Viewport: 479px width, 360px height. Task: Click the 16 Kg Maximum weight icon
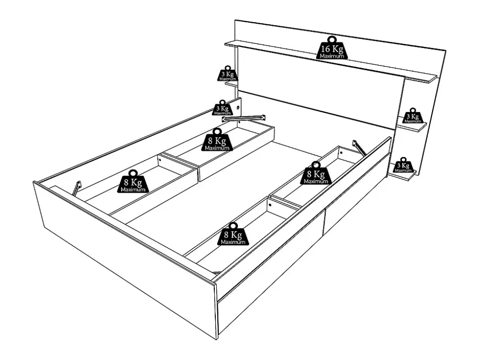click(x=331, y=48)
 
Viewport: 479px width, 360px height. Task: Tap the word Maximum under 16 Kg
click(x=331, y=56)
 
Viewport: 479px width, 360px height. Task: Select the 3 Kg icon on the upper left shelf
click(x=228, y=74)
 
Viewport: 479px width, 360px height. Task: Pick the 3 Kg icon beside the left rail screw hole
click(x=223, y=108)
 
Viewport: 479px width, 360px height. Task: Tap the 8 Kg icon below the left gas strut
click(x=217, y=141)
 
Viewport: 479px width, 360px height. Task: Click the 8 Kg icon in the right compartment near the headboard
click(x=316, y=174)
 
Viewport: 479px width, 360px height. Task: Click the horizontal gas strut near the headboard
click(x=244, y=118)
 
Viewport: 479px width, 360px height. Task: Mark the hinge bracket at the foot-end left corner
click(x=77, y=188)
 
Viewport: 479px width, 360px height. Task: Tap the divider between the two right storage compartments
click(x=285, y=203)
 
